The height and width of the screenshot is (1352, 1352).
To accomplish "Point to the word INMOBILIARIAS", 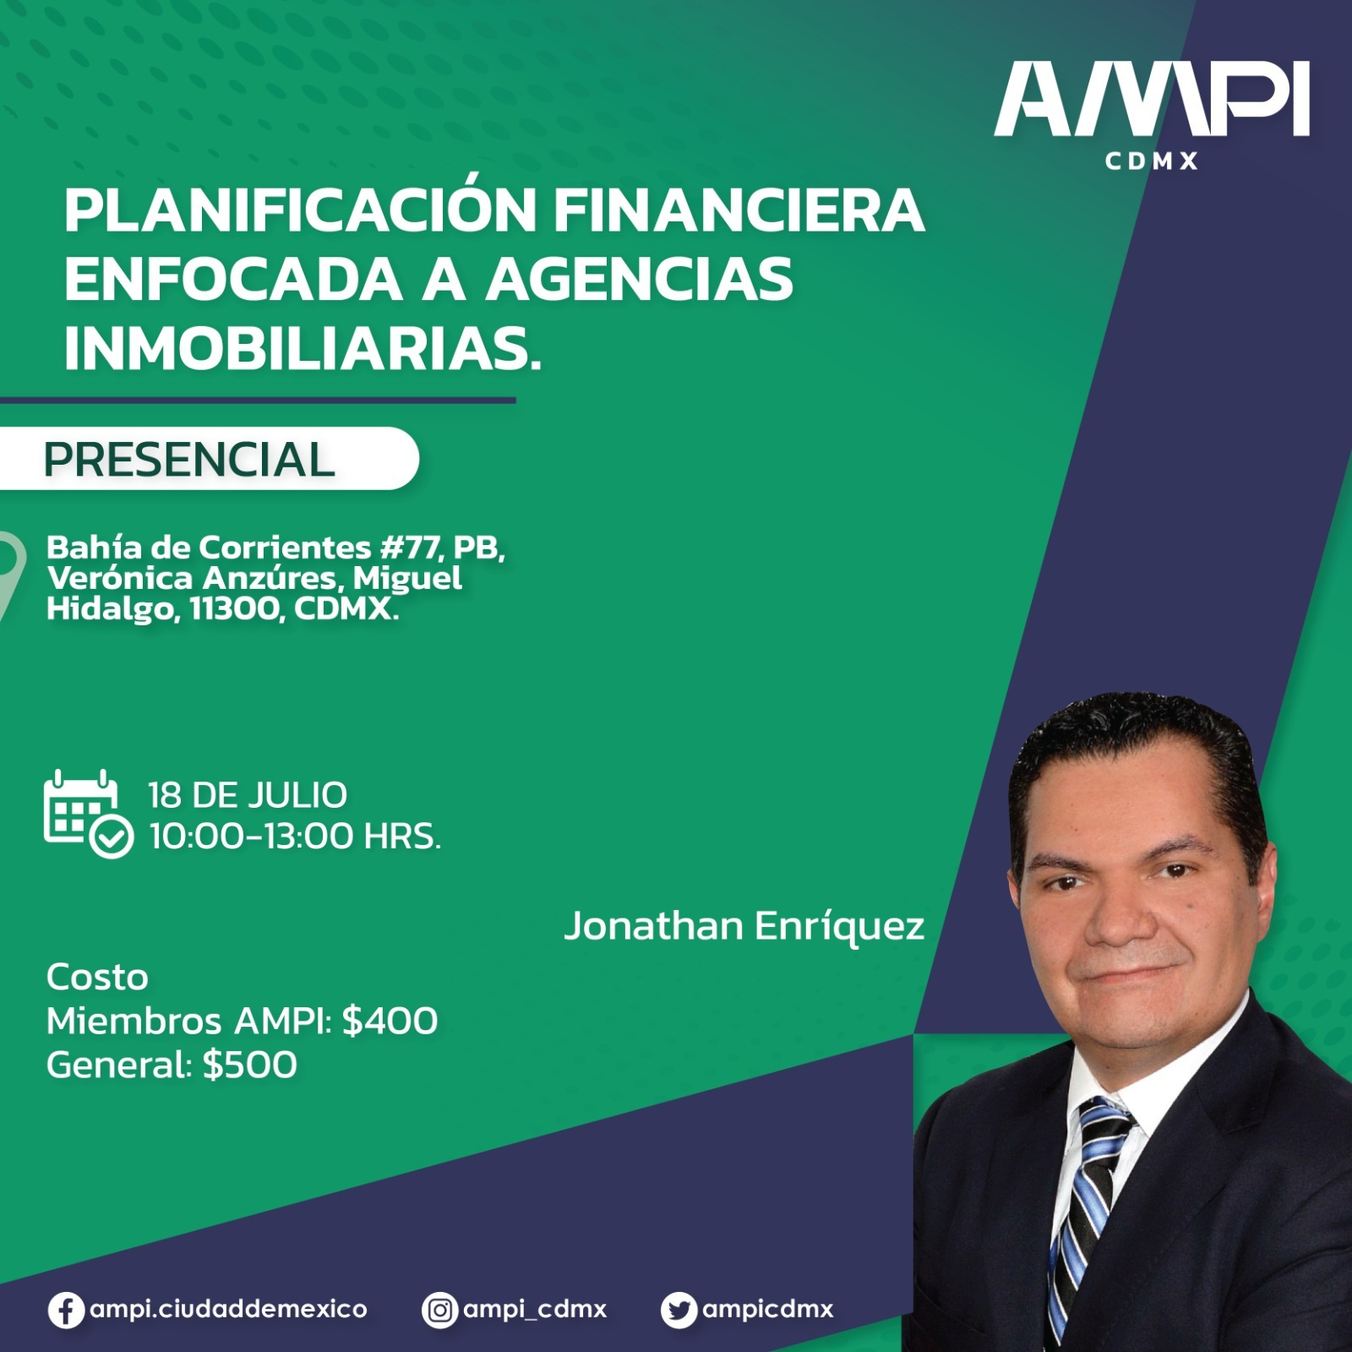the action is (x=303, y=348).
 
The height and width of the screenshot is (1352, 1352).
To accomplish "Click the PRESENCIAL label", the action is (x=189, y=460).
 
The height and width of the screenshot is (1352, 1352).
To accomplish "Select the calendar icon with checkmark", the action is (x=88, y=814).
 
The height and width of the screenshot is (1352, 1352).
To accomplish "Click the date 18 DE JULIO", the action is (x=248, y=795).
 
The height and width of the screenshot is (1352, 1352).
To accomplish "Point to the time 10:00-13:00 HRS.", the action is (x=295, y=837).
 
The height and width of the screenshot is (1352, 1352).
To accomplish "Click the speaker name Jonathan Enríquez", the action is (x=744, y=926).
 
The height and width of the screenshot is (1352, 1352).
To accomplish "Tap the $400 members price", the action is (x=390, y=1021).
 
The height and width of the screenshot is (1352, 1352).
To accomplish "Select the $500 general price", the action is (x=250, y=1065).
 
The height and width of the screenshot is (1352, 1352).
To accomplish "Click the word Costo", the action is (x=97, y=978).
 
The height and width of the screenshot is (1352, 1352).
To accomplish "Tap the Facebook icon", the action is (x=66, y=1311).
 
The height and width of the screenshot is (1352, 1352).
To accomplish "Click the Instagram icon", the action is (x=439, y=1311).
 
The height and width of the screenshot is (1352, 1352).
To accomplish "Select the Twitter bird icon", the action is (x=679, y=1311).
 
